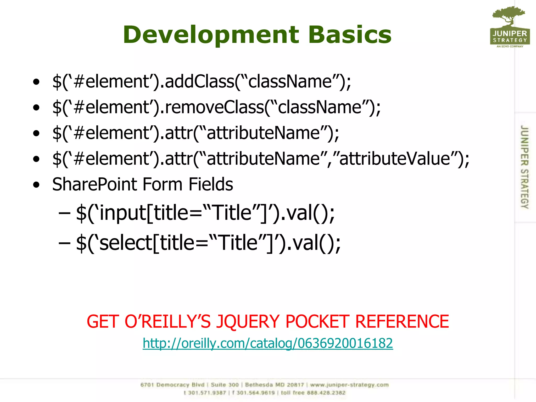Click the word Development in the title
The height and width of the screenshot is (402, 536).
(211, 35)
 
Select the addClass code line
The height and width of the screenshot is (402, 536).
(202, 81)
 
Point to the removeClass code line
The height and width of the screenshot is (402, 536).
(216, 107)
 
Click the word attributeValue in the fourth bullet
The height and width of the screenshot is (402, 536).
(395, 159)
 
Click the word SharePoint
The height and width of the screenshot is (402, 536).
(94, 184)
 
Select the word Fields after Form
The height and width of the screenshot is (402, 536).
(211, 184)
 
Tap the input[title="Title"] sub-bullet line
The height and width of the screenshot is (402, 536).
(205, 213)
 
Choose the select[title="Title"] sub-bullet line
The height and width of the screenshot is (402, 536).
(208, 243)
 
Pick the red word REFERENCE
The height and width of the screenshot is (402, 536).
(402, 321)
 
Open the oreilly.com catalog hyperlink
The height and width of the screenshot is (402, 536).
(268, 343)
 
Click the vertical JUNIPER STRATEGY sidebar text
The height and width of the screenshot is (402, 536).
(524, 167)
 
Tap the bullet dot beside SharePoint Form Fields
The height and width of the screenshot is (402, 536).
(36, 185)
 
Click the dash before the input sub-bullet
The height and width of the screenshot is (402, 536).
(64, 213)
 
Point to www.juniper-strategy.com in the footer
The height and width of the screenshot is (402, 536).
(349, 385)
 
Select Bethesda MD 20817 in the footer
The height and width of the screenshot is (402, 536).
(275, 385)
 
